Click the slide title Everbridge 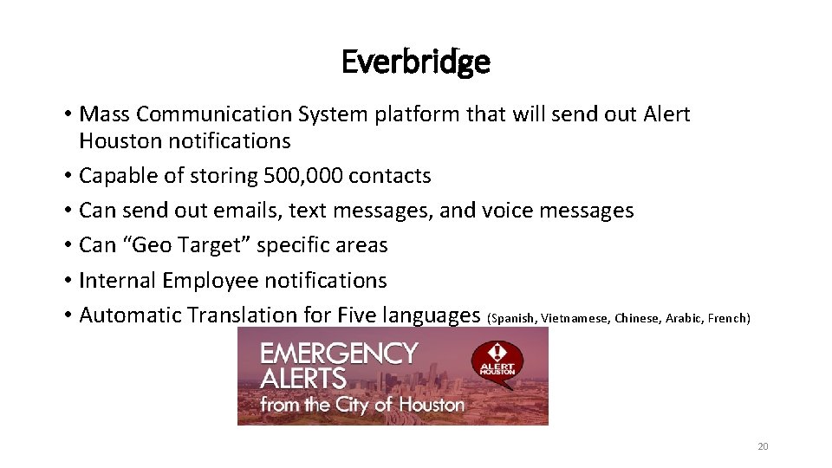[x=416, y=62]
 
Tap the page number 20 [x=763, y=446]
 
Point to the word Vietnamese [x=575, y=318]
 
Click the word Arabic [x=683, y=318]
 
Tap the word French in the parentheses [x=727, y=318]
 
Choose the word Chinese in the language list [x=636, y=318]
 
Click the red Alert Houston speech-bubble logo [x=497, y=360]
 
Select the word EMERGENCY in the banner [x=339, y=354]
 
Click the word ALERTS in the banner [x=303, y=379]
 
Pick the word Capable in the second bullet [x=118, y=176]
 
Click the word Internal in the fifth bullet [x=117, y=280]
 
